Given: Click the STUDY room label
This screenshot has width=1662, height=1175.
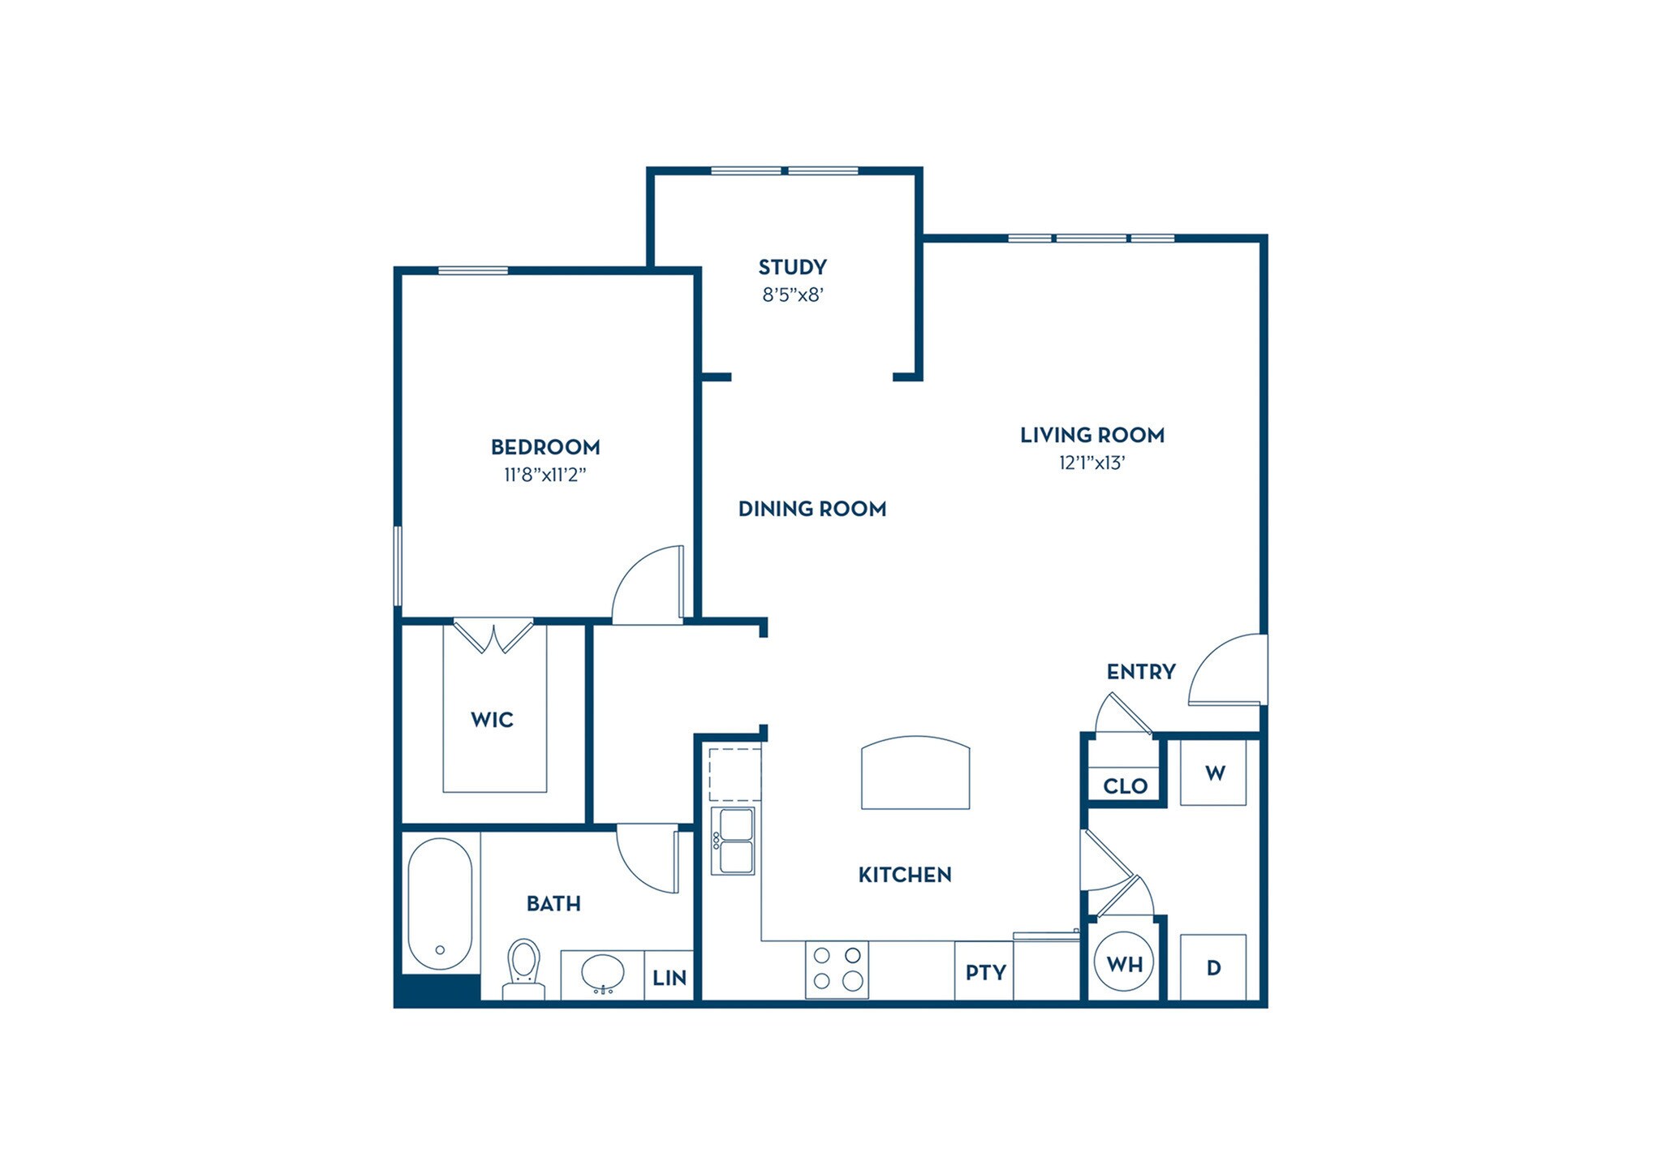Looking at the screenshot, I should (x=792, y=267).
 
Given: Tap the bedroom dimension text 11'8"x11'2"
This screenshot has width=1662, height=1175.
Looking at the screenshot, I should (x=545, y=475).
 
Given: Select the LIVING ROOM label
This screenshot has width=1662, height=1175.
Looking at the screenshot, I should (x=1092, y=435).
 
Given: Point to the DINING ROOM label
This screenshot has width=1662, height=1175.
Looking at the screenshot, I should (x=812, y=509).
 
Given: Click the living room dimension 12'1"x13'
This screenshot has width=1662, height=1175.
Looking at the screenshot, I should (x=1092, y=463).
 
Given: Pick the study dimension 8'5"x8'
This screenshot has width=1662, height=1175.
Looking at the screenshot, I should (x=793, y=295).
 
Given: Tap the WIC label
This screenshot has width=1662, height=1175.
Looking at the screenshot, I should (x=492, y=720).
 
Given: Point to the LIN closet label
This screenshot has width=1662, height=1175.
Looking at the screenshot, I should (x=670, y=978).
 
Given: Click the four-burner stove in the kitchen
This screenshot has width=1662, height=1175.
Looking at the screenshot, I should (x=837, y=969).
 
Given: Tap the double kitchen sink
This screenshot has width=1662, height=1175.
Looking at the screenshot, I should (x=733, y=840).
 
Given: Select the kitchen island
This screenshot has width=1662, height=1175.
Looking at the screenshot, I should (x=915, y=773).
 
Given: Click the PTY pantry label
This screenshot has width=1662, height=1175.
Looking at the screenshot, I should (x=985, y=972).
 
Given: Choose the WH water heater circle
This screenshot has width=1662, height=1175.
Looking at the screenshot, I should (x=1125, y=964).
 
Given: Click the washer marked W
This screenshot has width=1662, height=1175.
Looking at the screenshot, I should (x=1213, y=773).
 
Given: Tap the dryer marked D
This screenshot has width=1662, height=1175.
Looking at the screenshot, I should (x=1213, y=967).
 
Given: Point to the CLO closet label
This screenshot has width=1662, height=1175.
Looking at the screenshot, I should (x=1125, y=785).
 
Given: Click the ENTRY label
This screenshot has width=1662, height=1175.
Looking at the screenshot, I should (x=1141, y=672).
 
